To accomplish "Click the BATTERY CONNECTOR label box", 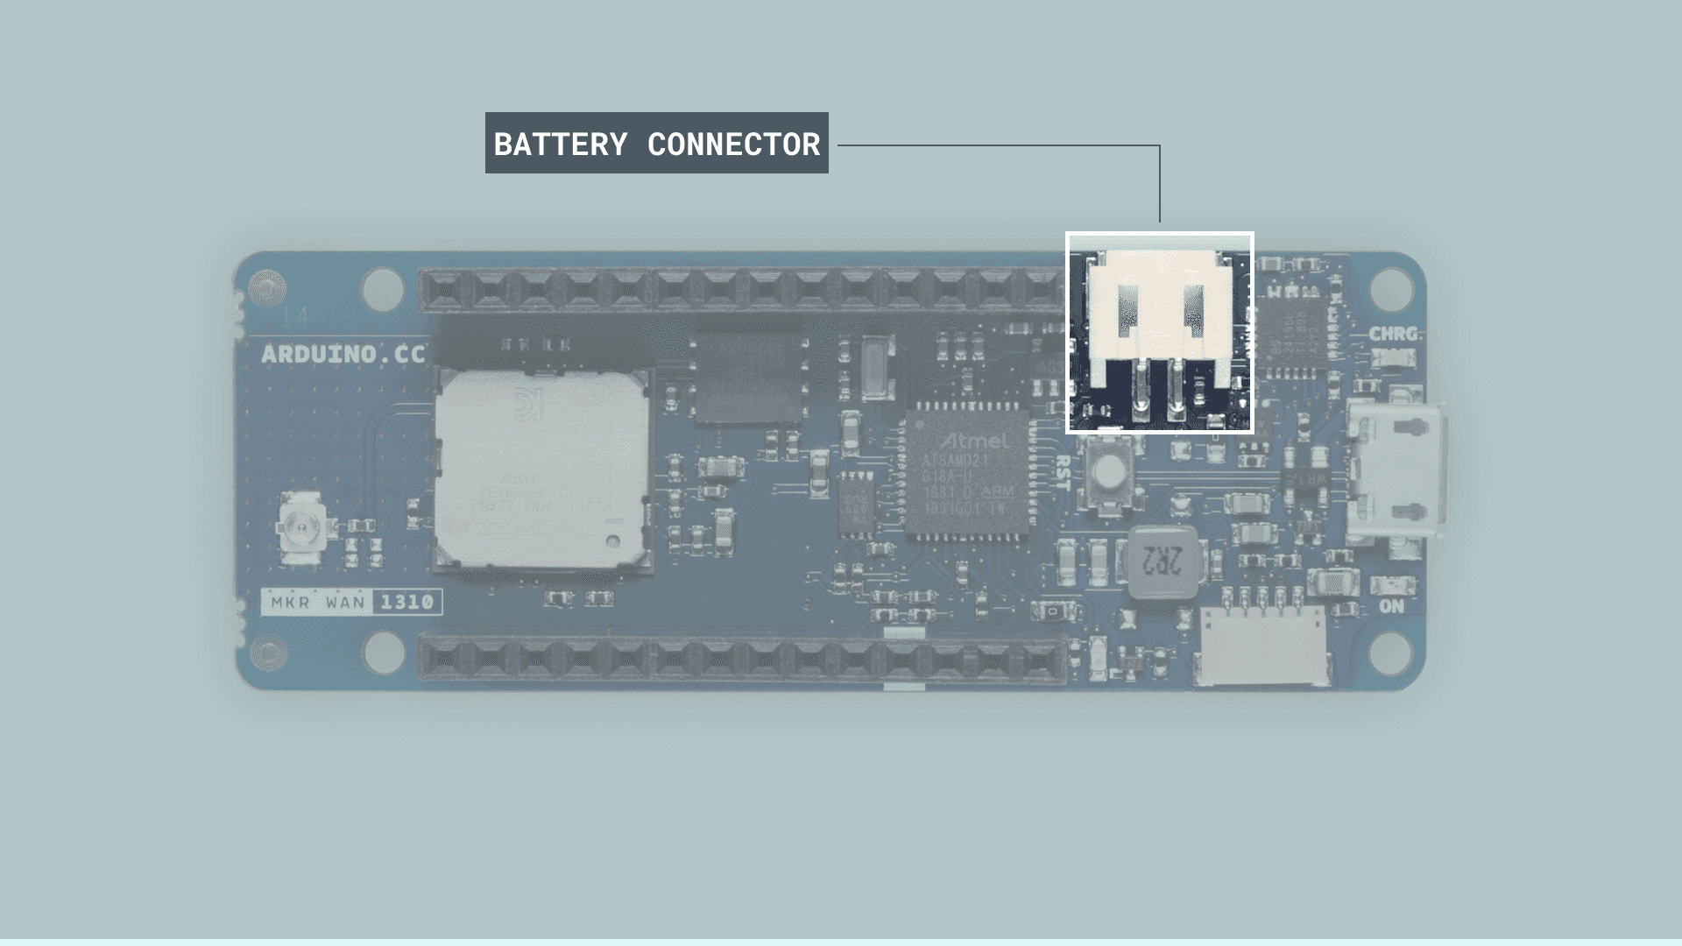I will [x=656, y=143].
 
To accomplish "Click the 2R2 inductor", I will [x=1163, y=561].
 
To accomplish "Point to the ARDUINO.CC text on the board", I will [x=343, y=355].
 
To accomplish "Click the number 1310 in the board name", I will [x=406, y=602].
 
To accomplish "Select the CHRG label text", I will [x=1392, y=334].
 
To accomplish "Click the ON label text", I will [x=1391, y=606].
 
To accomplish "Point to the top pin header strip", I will [x=740, y=288].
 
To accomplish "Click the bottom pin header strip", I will [x=740, y=659].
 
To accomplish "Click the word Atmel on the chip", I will [x=973, y=439].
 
